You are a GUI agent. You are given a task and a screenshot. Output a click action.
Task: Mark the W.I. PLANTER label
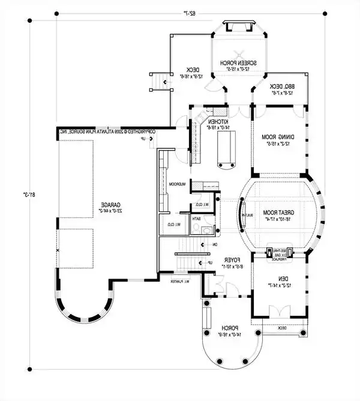179,281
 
